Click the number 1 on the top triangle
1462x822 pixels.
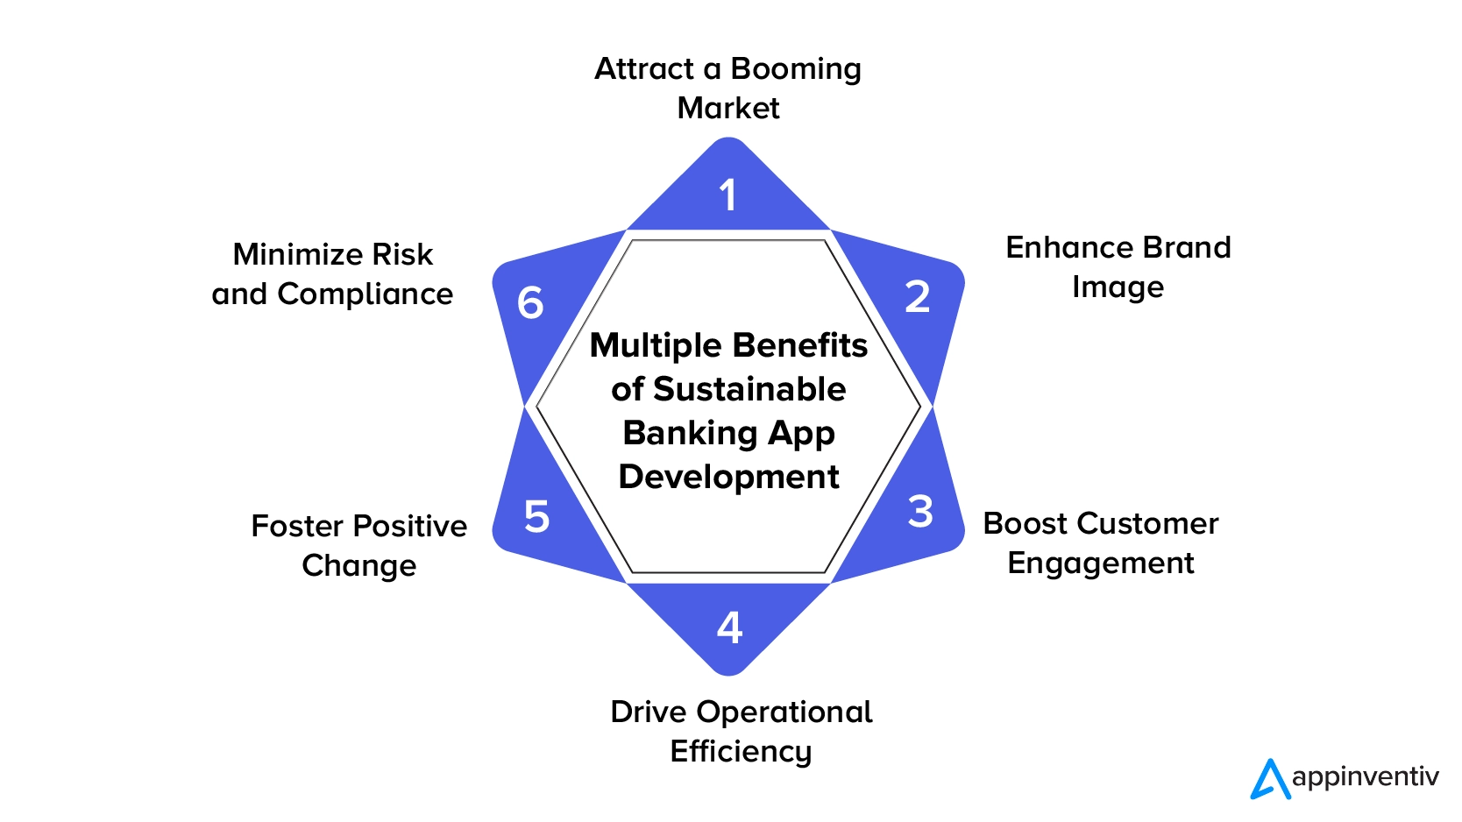click(727, 195)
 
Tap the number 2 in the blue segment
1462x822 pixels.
click(918, 297)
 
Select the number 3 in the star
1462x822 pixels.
click(920, 511)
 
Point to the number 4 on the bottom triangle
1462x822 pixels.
click(729, 627)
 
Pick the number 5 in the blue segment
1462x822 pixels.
click(536, 516)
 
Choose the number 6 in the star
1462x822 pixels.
click(530, 303)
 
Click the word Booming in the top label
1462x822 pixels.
click(796, 69)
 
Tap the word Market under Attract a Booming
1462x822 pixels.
click(728, 108)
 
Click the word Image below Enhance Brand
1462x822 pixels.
click(1118, 287)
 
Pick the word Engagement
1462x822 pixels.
click(1101, 563)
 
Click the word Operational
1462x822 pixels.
click(784, 712)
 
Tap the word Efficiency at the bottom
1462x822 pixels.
click(741, 752)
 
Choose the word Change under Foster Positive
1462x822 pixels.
click(359, 566)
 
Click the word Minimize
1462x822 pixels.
click(298, 254)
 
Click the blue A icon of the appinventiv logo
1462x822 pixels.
click(1269, 779)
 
